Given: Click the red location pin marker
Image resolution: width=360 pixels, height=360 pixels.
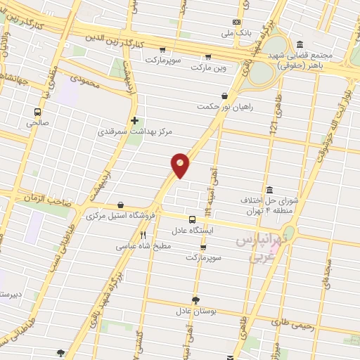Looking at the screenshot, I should [x=181, y=165].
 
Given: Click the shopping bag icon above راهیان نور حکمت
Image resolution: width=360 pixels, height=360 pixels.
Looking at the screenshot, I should [x=224, y=96].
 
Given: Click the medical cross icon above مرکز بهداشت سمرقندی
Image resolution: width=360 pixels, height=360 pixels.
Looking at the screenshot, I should [x=134, y=120].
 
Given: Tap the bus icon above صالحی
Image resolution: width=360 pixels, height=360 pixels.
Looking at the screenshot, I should [x=37, y=111].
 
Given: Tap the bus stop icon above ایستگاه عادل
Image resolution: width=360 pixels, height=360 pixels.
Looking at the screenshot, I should [x=192, y=219].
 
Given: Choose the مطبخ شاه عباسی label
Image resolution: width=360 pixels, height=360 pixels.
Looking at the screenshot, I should [x=143, y=247].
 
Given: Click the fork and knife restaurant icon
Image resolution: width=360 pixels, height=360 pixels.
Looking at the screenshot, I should [x=143, y=236].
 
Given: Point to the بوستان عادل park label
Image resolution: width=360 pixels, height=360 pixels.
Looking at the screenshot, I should [x=195, y=310].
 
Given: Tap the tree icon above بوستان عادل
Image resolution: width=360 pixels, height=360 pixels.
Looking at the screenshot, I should [x=195, y=299].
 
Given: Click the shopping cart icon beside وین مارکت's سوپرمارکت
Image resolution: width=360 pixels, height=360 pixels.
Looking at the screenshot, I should [x=162, y=49].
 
